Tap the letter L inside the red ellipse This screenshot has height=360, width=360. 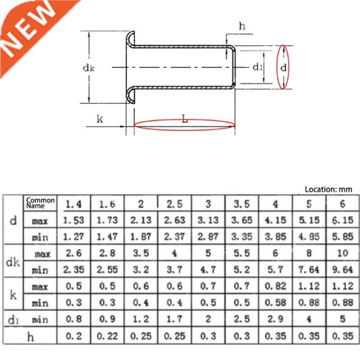(x=184, y=120)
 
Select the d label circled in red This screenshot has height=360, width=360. (x=283, y=67)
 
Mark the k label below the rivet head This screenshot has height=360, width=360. (x=99, y=119)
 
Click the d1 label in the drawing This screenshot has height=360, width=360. (x=257, y=67)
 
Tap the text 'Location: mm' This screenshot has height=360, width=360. (x=328, y=189)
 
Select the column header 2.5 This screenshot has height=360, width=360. (x=174, y=204)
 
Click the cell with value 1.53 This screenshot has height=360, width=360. (x=73, y=220)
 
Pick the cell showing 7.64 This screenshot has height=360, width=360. (x=308, y=270)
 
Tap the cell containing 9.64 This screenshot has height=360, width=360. (x=342, y=270)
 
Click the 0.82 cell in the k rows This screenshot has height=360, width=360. (x=275, y=286)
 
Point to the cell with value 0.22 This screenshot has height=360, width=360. (x=107, y=336)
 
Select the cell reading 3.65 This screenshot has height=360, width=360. (x=241, y=220)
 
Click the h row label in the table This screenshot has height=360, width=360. (x=30, y=337)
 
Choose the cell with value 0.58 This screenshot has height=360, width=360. (x=275, y=303)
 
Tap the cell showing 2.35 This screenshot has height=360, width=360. (x=73, y=270)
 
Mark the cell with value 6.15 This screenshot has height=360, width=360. (x=342, y=220)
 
